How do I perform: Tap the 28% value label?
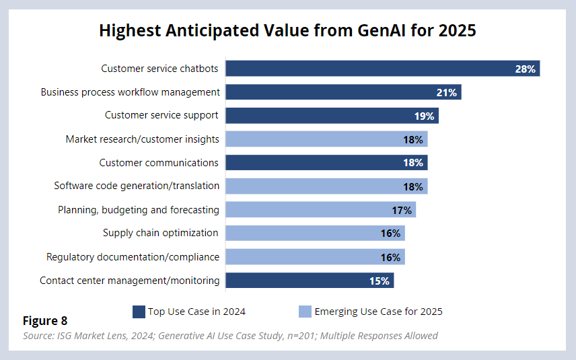[525, 69]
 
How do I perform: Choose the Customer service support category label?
[161, 115]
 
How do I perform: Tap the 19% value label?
[424, 116]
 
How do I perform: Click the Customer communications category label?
[159, 162]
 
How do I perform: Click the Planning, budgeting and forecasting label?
[139, 209]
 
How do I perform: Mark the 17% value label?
[402, 210]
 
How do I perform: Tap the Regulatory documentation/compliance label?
[133, 256]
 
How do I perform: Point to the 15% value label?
[380, 281]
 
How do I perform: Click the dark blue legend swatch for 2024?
[139, 312]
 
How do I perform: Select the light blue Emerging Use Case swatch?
[305, 312]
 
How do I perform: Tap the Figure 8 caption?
[45, 321]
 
